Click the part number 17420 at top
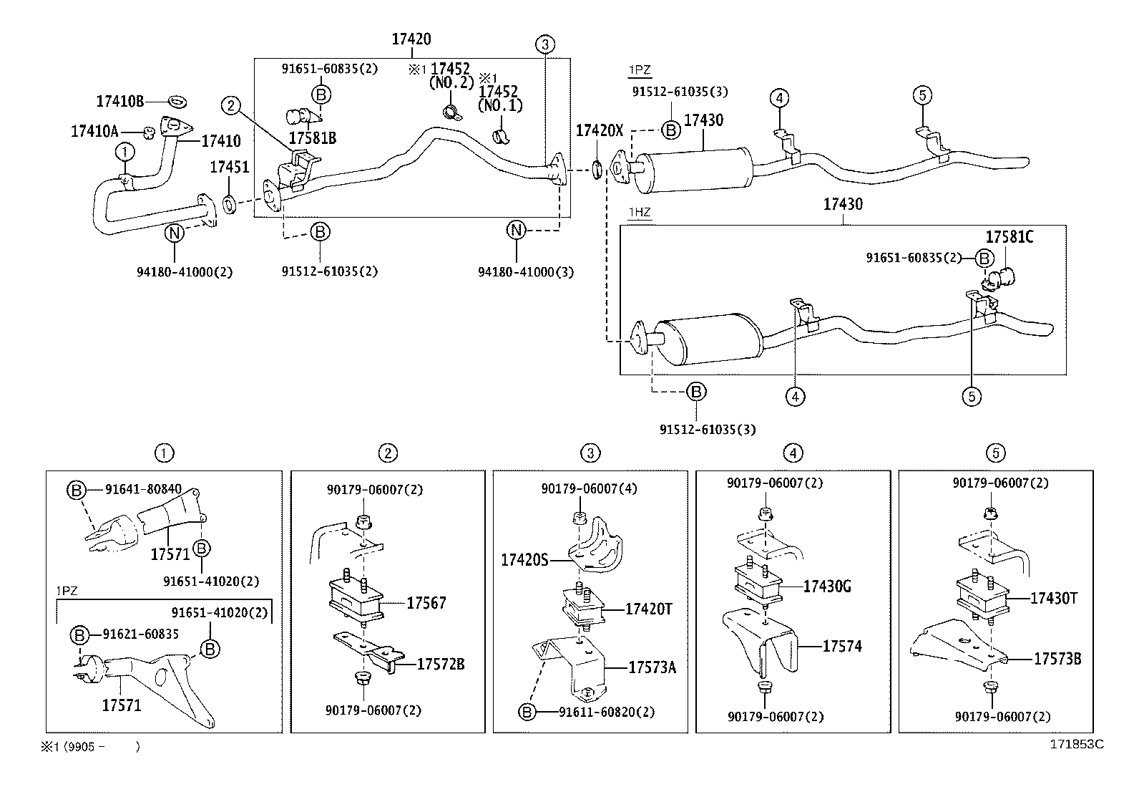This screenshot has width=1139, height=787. click(411, 39)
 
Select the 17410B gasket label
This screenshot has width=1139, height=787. click(120, 101)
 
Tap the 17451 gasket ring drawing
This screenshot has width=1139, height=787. click(229, 206)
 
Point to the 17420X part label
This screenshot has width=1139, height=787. click(600, 130)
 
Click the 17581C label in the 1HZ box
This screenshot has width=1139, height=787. click(1009, 237)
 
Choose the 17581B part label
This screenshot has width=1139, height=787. click(312, 137)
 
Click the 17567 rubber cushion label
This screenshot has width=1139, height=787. click(426, 603)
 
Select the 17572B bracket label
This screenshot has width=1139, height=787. click(440, 665)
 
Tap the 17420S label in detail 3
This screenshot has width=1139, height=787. click(524, 560)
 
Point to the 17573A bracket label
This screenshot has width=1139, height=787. click(652, 667)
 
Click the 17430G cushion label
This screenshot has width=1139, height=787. click(827, 586)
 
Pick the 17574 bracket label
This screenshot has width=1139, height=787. click(842, 647)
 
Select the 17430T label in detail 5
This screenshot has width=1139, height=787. click(1053, 598)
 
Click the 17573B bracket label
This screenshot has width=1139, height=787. click(1057, 659)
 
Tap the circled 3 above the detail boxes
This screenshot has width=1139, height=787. click(590, 453)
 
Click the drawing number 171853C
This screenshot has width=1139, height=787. click(1077, 745)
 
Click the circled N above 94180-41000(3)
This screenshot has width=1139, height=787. click(516, 230)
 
